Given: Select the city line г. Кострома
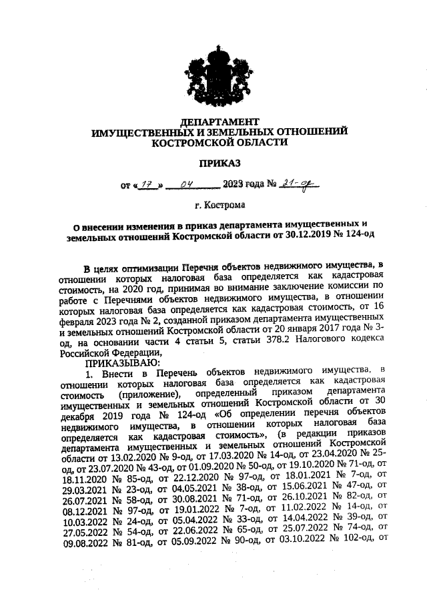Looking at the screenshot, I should (x=219, y=205).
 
